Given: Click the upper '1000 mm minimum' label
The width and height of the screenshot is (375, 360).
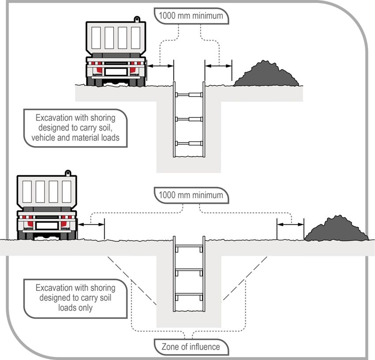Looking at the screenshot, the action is (x=191, y=16).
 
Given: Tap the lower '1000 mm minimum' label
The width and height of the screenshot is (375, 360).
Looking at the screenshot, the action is (x=191, y=195).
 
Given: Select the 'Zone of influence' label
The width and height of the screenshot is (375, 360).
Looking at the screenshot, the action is (x=191, y=347).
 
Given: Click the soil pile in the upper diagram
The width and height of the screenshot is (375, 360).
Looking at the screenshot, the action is (x=266, y=75).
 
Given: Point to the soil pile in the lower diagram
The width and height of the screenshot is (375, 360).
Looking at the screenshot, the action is (x=337, y=229).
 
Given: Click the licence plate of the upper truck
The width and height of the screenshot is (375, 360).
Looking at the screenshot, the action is (x=116, y=72).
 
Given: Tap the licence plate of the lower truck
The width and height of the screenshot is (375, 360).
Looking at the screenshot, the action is (x=47, y=225).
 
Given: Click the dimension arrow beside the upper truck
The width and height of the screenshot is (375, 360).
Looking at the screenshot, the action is (x=160, y=66).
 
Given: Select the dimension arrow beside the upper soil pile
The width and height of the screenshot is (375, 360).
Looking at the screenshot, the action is (x=218, y=66).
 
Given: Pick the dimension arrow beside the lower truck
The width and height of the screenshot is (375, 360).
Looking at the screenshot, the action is (x=91, y=225).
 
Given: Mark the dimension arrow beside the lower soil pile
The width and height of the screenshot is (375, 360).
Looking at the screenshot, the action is (x=290, y=225).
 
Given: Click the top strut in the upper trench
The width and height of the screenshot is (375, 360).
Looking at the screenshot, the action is (x=189, y=95).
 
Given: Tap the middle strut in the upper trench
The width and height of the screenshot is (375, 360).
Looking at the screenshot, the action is (x=189, y=119).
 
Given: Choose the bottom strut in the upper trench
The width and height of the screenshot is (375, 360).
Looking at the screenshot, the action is (x=189, y=143).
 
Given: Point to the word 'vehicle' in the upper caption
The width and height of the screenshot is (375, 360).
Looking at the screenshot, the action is (x=44, y=138).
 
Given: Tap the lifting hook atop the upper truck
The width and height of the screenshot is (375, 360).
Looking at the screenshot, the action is (x=137, y=19).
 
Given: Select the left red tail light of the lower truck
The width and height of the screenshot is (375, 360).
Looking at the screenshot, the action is (x=30, y=224).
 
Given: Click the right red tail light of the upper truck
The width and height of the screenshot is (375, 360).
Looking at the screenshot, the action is (x=133, y=70).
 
